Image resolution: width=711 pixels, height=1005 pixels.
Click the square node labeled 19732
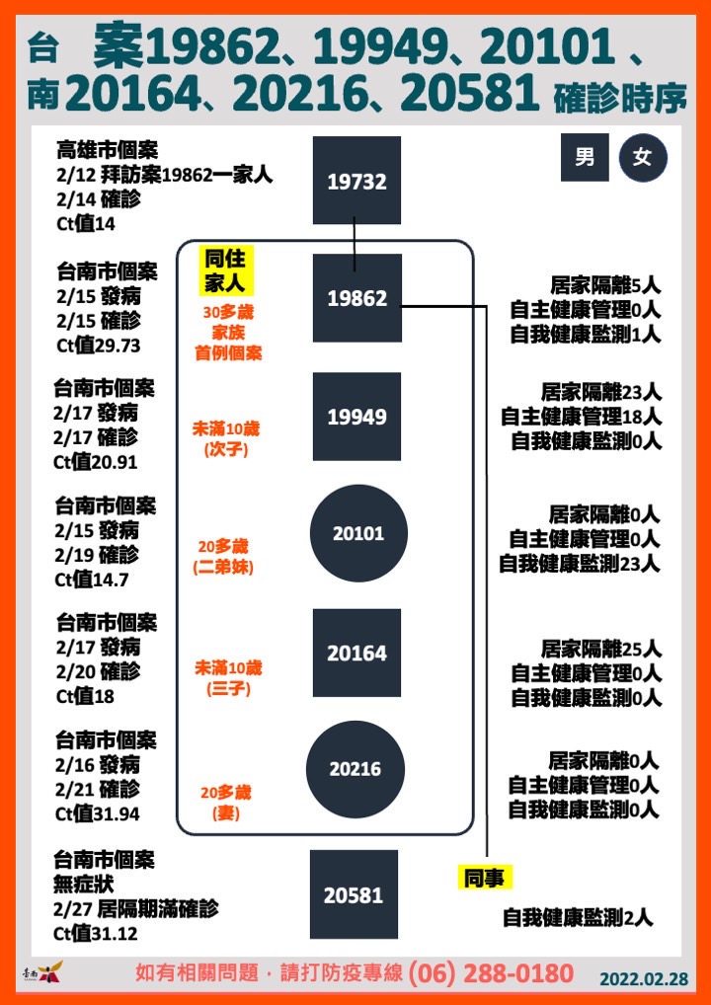tap(356, 180)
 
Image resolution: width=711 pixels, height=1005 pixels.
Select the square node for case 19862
tap(356, 298)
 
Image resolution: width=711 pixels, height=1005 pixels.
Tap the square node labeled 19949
tap(356, 417)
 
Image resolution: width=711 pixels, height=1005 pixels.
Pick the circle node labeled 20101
tap(358, 533)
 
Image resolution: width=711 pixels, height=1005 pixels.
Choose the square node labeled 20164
tap(356, 653)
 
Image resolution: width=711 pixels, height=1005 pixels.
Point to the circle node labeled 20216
tap(355, 769)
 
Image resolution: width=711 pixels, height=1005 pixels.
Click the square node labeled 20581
tap(354, 894)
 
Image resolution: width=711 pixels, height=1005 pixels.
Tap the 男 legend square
tap(585, 158)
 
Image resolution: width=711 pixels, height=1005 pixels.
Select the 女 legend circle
tap(643, 158)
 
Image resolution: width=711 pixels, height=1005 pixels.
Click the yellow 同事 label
tap(485, 878)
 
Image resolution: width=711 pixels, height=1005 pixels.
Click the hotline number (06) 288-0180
tap(491, 973)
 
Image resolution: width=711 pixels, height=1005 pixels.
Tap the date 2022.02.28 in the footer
tap(644, 978)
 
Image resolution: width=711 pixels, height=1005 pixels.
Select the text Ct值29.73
tap(98, 345)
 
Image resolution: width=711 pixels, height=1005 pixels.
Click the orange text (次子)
tap(226, 450)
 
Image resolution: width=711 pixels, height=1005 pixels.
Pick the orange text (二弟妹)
tap(223, 568)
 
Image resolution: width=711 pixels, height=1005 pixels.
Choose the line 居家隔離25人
tap(600, 650)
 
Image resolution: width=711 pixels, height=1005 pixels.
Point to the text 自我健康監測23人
tap(580, 564)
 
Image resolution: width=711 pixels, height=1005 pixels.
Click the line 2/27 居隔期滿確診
tap(136, 908)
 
